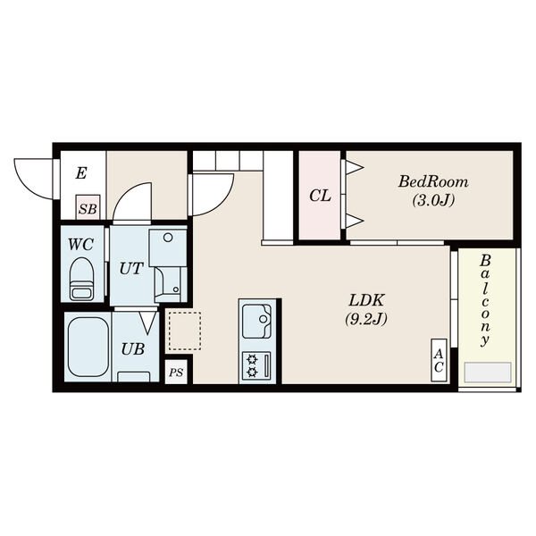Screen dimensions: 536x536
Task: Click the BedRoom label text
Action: point(433,181)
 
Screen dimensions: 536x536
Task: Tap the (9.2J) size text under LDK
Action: point(366,319)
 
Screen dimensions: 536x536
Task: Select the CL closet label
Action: point(320,196)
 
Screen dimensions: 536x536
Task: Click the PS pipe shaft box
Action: point(176,372)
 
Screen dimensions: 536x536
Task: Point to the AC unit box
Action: point(439,360)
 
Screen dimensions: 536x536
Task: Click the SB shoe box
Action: point(88,207)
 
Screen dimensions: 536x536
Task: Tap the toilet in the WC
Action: point(81,279)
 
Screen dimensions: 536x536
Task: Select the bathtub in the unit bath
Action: point(88,347)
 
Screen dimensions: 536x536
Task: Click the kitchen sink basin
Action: point(256,321)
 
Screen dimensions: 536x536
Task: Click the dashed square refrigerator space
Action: point(185,331)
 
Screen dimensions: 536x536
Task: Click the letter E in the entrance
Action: point(81,173)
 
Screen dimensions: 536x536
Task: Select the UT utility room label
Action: point(131,269)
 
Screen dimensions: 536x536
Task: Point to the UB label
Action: point(133,349)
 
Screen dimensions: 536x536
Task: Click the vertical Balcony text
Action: point(485,300)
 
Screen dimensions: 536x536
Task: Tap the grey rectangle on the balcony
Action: point(487,372)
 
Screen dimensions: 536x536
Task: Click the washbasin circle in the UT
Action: point(168,238)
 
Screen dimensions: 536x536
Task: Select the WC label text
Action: point(80,244)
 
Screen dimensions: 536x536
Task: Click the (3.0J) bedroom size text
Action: point(433,200)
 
